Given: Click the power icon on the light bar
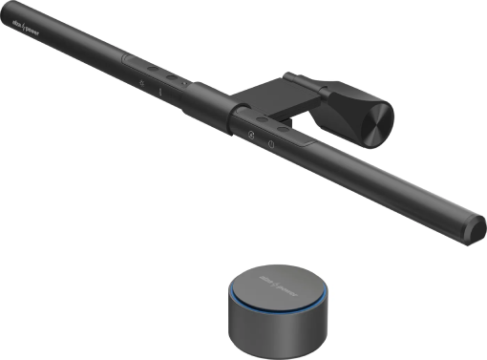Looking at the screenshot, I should (x=273, y=144).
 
